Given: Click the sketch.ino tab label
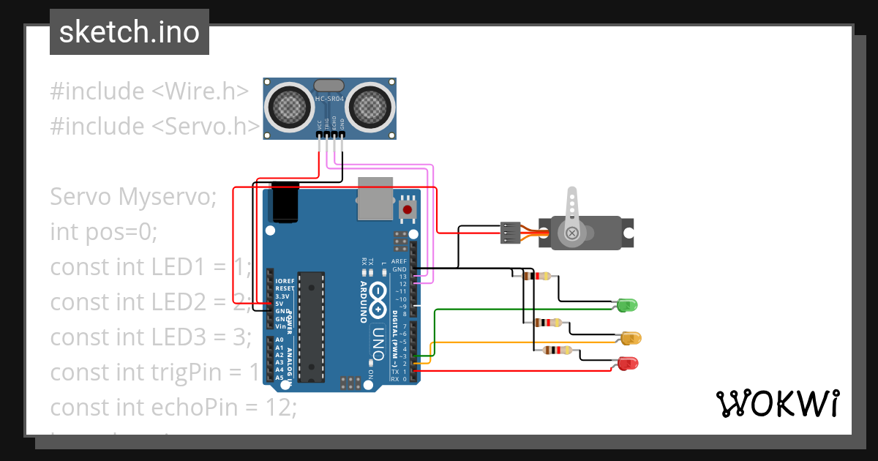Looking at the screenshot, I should [129, 32].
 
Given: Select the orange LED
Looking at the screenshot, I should [631, 337].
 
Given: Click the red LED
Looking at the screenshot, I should [627, 362].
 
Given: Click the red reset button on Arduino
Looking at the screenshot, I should [408, 211].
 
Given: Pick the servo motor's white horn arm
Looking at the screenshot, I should [571, 212].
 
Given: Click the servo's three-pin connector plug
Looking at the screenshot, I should [510, 233].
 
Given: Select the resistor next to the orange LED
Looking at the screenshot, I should [548, 323].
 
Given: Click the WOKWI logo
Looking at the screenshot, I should [776, 403].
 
